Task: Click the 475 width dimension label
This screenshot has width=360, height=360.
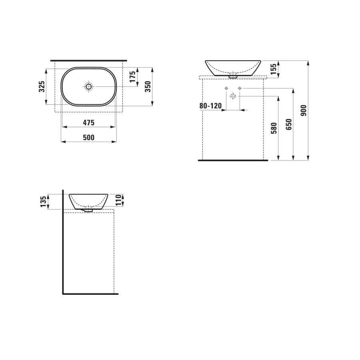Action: click(x=88, y=122)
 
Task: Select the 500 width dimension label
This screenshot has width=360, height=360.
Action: click(x=88, y=138)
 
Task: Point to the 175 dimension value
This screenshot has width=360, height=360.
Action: click(x=133, y=76)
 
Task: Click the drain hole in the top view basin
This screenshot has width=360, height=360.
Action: click(x=89, y=86)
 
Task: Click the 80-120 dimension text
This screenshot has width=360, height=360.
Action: click(x=210, y=106)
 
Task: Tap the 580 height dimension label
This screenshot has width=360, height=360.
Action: click(x=274, y=128)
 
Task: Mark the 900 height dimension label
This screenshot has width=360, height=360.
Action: click(x=304, y=110)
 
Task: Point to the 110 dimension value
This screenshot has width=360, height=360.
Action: click(x=118, y=200)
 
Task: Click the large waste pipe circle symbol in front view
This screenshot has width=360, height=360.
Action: click(x=233, y=96)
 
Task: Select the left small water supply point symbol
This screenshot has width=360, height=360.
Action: click(x=226, y=88)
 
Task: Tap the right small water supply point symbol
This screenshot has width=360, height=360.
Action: click(x=240, y=88)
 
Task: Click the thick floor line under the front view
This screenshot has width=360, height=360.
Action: click(x=233, y=160)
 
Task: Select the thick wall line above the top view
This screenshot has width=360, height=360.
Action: click(x=89, y=60)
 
